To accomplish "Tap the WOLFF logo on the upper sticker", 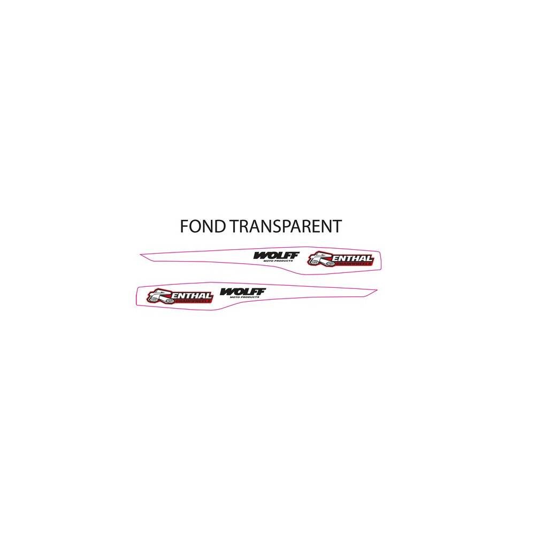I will tap(276, 255).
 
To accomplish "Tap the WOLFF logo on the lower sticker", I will tap(242, 291).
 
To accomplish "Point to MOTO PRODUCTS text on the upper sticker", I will tap(282, 261).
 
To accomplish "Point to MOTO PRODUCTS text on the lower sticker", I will tap(248, 296).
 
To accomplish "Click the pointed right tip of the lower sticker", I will tap(377, 291).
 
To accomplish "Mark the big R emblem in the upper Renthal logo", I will tap(318, 258).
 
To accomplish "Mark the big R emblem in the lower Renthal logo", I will tap(158, 295).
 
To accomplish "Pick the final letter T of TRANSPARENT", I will tap(336, 226).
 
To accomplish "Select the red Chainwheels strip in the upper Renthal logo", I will tap(348, 262).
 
